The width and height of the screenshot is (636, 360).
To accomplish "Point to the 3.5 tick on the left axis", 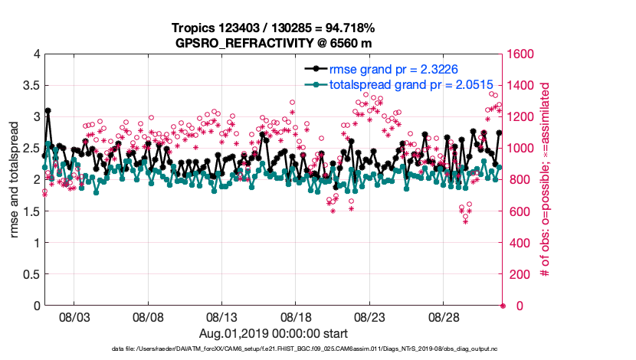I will (x=31, y=85).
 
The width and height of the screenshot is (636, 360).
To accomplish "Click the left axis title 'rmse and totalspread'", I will (x=15, y=180).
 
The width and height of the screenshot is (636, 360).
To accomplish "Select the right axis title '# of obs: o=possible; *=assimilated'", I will (x=546, y=180).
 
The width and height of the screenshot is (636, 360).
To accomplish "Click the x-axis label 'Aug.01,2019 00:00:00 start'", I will (x=274, y=334).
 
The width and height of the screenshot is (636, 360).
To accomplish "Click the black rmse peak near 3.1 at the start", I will (x=48, y=110).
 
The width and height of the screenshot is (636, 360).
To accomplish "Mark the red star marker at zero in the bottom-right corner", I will (x=503, y=306).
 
